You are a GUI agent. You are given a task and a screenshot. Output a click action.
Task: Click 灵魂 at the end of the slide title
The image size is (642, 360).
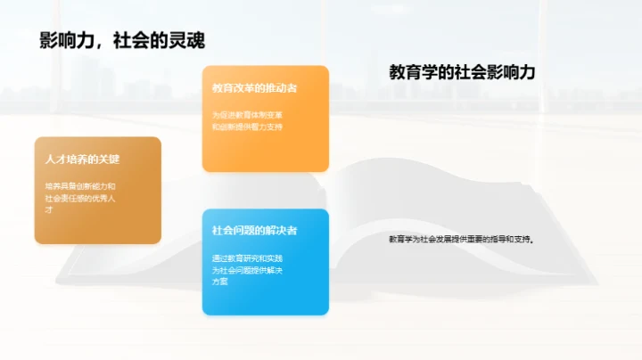(199, 42)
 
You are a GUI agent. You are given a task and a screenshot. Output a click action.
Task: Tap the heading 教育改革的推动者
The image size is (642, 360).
(254, 89)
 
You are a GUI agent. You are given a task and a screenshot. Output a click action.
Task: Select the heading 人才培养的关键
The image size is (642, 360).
(82, 160)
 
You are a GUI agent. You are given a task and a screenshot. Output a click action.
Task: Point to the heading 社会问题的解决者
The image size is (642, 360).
(254, 230)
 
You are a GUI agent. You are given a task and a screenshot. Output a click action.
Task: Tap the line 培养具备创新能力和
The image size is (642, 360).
(80, 185)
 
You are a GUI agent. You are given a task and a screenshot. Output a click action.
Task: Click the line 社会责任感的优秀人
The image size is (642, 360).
(80, 197)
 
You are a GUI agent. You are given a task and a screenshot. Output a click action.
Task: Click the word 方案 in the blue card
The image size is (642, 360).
(220, 282)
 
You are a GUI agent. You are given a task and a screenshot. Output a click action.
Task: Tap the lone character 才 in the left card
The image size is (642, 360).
(49, 209)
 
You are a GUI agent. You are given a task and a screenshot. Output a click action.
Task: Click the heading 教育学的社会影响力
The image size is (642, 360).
(462, 73)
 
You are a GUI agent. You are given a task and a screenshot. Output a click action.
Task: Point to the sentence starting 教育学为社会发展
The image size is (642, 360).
(465, 239)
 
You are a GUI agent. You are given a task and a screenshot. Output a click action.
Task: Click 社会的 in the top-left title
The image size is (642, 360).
(147, 42)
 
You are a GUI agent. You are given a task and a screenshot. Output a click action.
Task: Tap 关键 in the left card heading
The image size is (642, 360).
(108, 160)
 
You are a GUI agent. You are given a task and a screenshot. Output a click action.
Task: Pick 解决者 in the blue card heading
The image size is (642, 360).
(281, 230)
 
